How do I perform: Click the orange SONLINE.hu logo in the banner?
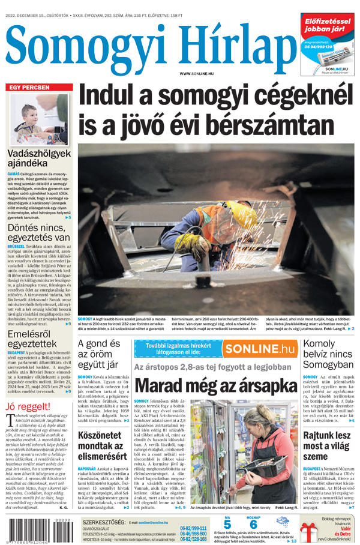(259, 349)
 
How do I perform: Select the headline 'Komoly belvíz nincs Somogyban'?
(328, 354)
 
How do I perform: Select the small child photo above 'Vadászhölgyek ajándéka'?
(39, 119)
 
